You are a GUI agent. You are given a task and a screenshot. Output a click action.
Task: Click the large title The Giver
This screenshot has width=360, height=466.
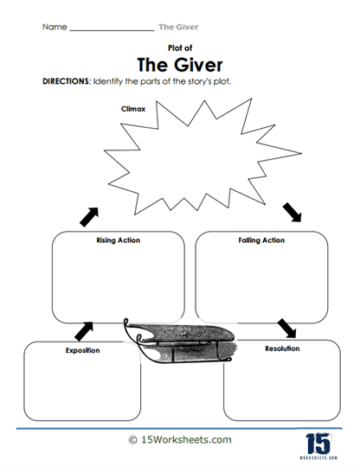[x=180, y=67]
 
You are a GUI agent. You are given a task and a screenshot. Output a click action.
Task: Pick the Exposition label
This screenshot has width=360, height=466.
[x=83, y=351]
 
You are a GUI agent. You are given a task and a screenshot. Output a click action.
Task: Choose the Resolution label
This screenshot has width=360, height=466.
[x=281, y=348]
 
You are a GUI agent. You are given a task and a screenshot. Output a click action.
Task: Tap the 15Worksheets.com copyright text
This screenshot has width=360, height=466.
[x=179, y=439]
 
